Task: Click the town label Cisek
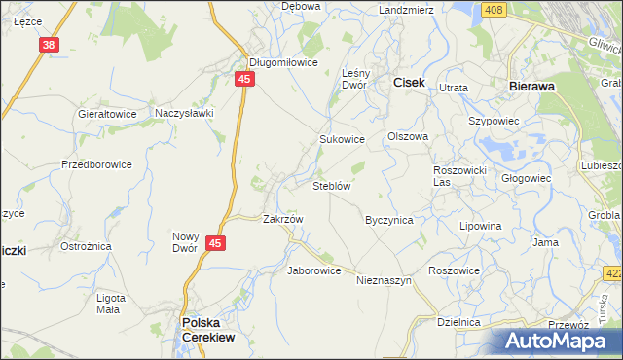click(408, 84)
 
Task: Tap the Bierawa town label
click(531, 86)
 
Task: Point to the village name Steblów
click(331, 186)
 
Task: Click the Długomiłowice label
click(283, 61)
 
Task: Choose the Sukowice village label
click(342, 139)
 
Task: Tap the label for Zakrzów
click(283, 219)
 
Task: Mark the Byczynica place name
click(388, 220)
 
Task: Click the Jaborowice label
click(313, 270)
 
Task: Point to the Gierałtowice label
click(106, 113)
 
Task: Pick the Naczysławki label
click(184, 113)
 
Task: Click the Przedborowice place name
click(96, 164)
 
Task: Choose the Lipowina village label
click(481, 226)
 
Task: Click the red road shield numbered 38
click(51, 45)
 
